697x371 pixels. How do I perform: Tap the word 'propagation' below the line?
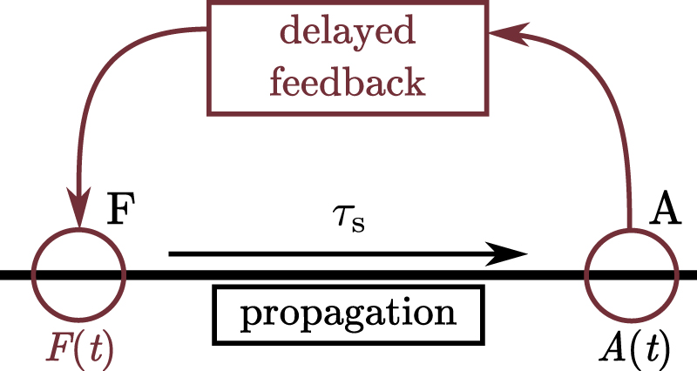click(348, 312)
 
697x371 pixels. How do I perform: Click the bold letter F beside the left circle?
click(121, 212)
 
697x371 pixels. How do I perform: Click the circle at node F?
click(79, 274)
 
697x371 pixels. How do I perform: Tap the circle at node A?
click(630, 274)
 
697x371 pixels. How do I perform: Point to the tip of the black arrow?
click(526, 254)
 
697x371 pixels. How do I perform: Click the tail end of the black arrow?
click(171, 254)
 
